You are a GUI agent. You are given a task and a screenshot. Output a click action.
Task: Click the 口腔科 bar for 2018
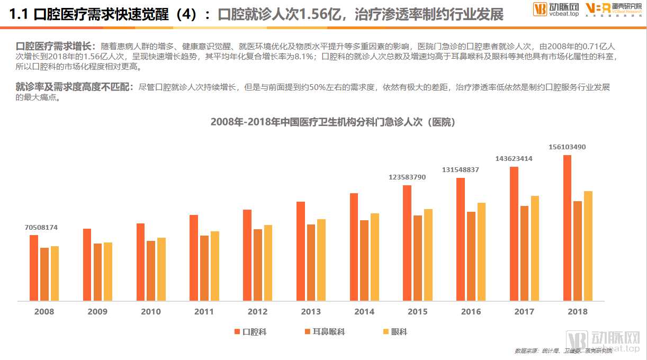(567, 228)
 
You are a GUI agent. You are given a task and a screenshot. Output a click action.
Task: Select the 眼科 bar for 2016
(481, 252)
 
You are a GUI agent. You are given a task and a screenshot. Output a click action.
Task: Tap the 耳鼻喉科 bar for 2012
(258, 265)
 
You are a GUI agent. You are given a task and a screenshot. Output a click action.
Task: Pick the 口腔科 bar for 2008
(34, 268)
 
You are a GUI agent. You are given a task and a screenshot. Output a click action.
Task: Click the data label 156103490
(567, 147)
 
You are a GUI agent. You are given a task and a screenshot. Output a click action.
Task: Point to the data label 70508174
(41, 228)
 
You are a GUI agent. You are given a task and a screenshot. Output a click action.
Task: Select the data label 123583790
(407, 177)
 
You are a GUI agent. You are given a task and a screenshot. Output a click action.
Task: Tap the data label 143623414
(514, 158)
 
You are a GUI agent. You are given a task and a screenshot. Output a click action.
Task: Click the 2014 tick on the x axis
(364, 312)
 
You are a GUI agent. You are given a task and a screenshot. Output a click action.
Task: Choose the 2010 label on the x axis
(151, 312)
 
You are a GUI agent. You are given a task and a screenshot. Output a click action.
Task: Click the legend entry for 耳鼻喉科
(325, 332)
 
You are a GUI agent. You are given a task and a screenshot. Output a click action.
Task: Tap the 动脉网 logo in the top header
(555, 10)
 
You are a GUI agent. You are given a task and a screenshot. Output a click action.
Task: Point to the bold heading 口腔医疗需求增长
(54, 47)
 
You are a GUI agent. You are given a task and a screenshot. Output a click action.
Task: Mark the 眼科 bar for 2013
(321, 260)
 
